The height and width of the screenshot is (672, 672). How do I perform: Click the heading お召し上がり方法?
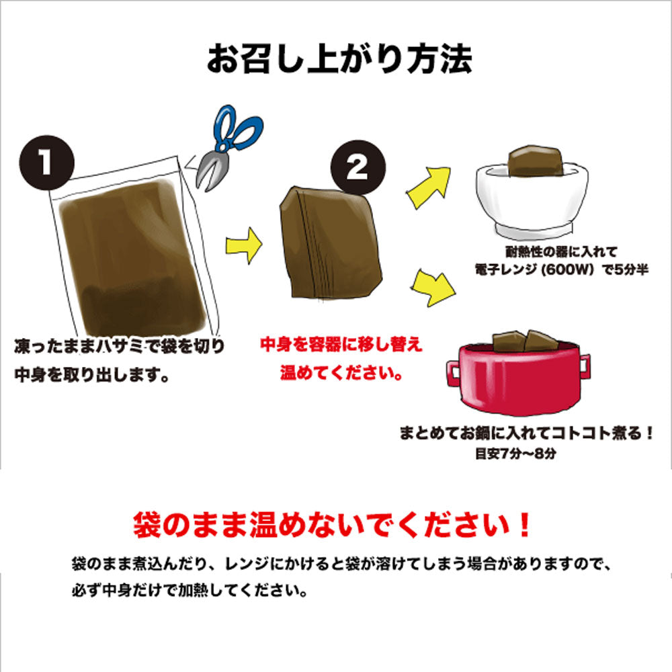pos(339,59)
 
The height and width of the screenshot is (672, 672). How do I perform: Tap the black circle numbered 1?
pos(47,163)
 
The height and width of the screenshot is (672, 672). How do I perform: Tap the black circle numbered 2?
pos(358,167)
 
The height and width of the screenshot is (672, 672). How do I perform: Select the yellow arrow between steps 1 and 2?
pos(243,245)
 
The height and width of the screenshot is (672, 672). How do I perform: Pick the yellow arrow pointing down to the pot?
pos(433,288)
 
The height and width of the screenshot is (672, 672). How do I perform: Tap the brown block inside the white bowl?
pos(536,161)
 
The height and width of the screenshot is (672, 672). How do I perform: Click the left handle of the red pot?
pos(454,373)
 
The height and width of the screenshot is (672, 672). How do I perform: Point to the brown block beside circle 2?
pos(331,243)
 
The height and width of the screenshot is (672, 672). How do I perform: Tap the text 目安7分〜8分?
pos(515,454)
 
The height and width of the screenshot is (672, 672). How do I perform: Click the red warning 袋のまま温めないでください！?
pos(333,525)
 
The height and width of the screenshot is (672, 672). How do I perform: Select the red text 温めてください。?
pos(341,372)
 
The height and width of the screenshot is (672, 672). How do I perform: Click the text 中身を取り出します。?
pos(92,375)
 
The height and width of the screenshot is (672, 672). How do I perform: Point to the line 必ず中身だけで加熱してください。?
pos(190,591)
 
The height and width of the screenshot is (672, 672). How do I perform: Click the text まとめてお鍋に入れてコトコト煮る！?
pos(526,433)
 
